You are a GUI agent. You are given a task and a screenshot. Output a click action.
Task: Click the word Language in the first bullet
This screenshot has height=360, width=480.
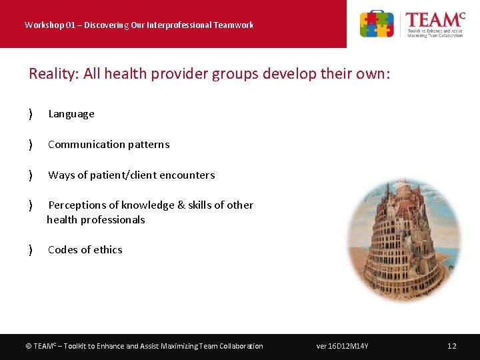tap(71, 114)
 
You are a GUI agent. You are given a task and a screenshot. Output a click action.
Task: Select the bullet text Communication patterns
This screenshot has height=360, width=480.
tap(109, 145)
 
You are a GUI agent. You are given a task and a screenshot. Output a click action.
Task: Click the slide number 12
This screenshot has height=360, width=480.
tap(452, 346)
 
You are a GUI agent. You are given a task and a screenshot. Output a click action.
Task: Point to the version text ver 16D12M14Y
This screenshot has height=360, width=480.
tap(343, 346)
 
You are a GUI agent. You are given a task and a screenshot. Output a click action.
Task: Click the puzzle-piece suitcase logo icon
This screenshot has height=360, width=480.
tap(377, 24)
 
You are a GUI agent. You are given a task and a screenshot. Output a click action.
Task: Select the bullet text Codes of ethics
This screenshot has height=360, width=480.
tap(85, 250)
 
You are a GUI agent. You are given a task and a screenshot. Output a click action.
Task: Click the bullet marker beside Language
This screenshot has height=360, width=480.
tap(31, 114)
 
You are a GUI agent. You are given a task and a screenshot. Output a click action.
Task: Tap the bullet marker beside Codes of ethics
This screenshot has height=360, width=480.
tap(31, 250)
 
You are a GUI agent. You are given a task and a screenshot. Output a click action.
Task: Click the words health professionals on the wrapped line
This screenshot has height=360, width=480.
tap(96, 220)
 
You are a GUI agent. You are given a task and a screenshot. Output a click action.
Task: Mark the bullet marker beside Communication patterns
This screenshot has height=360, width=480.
tap(31, 145)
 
